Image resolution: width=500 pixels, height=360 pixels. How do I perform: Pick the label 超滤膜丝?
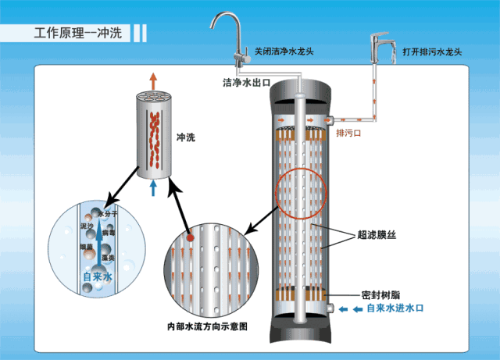pos(378,233)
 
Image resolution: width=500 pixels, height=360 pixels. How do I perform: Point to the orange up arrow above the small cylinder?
pos(154,80)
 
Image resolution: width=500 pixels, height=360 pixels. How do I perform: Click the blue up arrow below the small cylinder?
pos(154,187)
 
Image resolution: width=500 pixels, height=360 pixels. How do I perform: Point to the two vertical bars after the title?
pos(139,34)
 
